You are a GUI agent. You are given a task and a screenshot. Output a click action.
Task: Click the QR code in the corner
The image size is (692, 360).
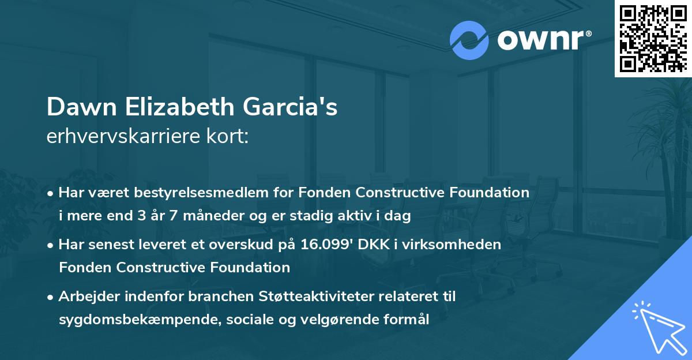653,39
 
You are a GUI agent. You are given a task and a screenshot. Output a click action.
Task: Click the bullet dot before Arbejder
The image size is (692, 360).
51,297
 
